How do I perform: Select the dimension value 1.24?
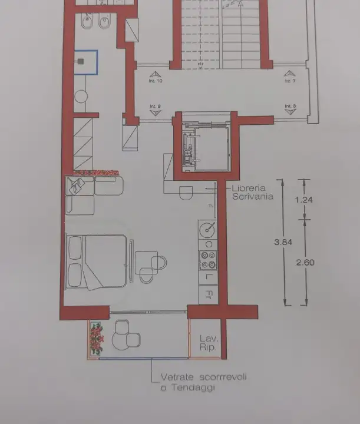(x=303, y=200)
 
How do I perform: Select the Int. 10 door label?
(x=156, y=81)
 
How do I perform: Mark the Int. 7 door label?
(x=289, y=81)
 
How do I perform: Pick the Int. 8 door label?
(x=289, y=107)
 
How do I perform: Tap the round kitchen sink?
(x=207, y=228)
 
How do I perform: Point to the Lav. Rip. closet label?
(x=209, y=343)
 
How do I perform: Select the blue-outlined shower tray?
(x=85, y=62)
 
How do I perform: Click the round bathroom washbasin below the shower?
(x=81, y=95)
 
